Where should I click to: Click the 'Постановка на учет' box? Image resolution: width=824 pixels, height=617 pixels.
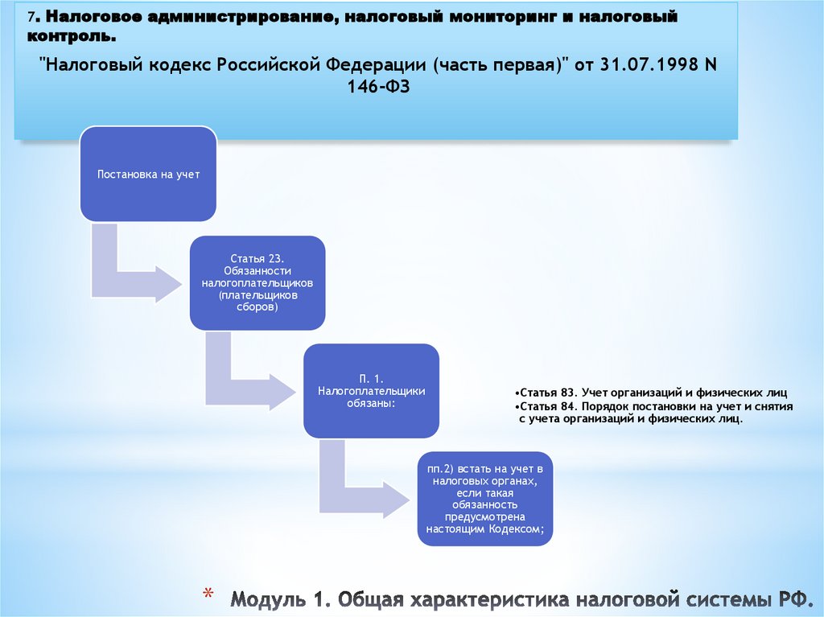[147, 174]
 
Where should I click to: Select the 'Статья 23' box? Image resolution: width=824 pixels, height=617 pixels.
[257, 282]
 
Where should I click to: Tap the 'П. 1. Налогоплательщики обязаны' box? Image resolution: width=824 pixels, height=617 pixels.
[371, 390]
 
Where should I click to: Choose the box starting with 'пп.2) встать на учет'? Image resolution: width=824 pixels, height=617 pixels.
[484, 499]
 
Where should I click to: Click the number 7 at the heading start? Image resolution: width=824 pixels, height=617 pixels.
[29, 17]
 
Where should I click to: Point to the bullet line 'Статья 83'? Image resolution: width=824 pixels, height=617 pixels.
[637, 393]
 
